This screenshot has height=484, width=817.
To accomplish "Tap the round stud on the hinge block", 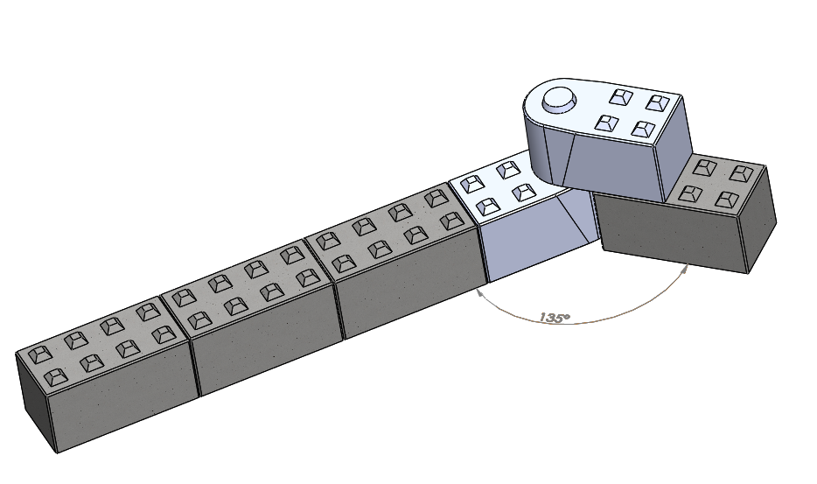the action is tap(559, 99).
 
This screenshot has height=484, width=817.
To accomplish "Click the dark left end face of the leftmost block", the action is tap(35, 402).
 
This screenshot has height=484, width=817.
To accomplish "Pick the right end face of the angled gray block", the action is tap(759, 219).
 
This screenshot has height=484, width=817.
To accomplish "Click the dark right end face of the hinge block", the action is tap(676, 149).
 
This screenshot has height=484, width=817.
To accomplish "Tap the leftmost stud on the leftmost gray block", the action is tap(38, 355).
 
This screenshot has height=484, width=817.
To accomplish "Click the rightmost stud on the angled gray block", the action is tap(742, 173).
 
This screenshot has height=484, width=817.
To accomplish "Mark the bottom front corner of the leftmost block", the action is tap(58, 452).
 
